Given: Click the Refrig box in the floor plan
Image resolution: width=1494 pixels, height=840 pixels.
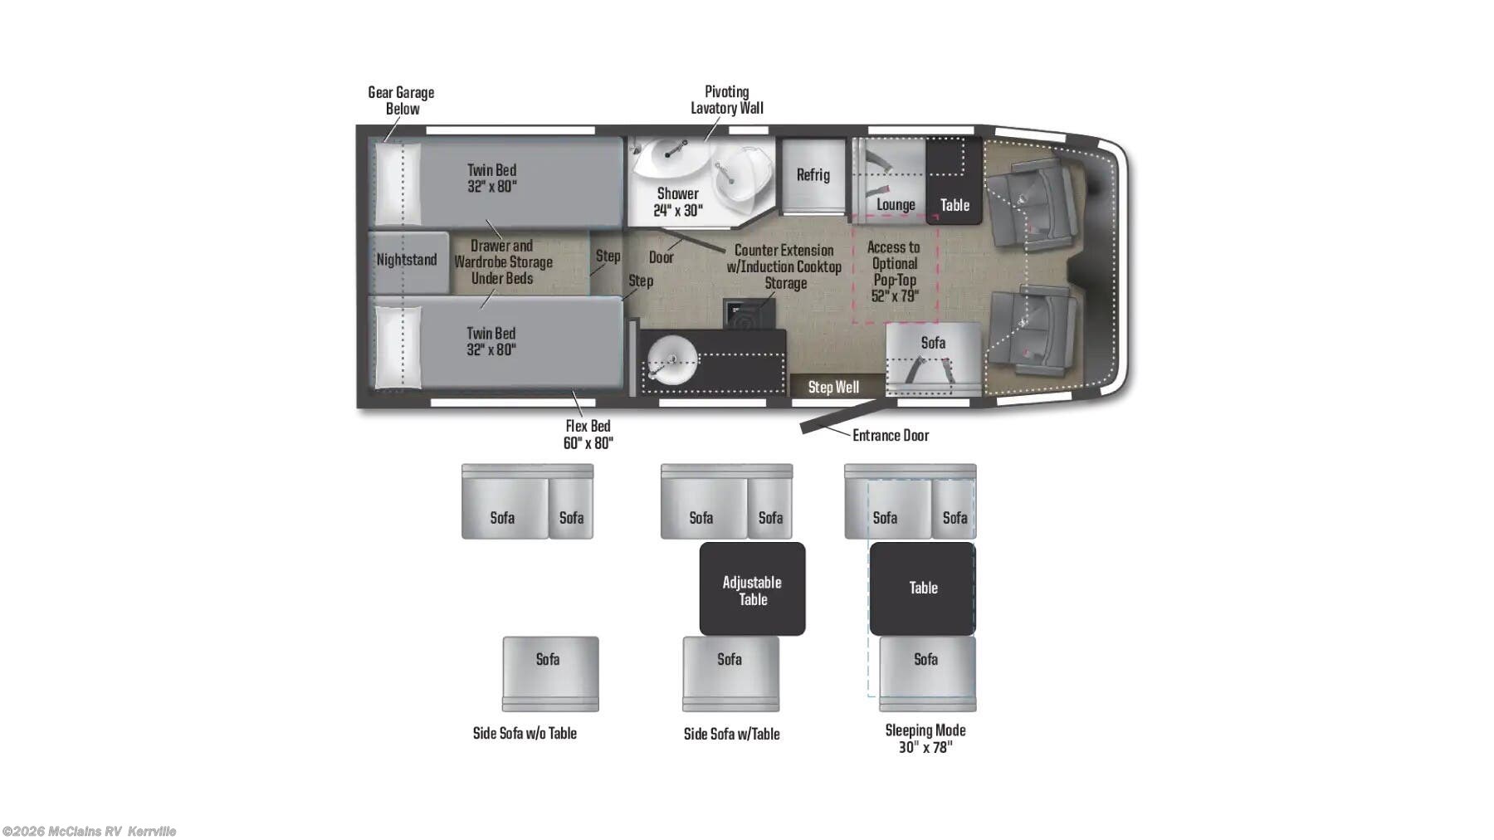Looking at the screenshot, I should [x=813, y=175].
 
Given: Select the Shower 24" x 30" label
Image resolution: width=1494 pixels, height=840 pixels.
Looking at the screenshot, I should [x=677, y=202].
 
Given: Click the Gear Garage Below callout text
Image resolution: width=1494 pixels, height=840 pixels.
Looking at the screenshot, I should [x=401, y=100].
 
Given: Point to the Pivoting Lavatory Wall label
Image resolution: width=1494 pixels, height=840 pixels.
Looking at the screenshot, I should [x=726, y=100].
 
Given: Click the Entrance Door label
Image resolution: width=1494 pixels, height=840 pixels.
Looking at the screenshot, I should [x=890, y=435].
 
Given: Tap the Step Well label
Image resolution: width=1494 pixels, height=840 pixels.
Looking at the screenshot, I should [x=832, y=387].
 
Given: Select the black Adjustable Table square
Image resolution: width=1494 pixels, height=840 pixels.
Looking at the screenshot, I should [x=752, y=589].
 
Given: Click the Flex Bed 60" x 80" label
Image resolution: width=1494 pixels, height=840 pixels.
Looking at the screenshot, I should [x=588, y=434].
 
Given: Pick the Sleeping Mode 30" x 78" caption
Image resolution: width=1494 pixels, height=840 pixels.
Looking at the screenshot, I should [x=925, y=738].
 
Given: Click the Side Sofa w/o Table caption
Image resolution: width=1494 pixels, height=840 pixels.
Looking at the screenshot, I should [x=525, y=733].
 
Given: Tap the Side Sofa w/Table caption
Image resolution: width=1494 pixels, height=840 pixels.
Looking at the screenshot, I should [x=731, y=734].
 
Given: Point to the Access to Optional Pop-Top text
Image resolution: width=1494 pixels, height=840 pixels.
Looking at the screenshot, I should [x=894, y=271].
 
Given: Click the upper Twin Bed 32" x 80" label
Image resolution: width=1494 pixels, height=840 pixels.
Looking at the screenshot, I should [x=491, y=178].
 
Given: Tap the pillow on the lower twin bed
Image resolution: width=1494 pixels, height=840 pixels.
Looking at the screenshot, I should [x=398, y=347].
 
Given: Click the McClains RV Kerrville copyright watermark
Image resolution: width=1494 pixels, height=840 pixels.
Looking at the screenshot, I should [x=89, y=831].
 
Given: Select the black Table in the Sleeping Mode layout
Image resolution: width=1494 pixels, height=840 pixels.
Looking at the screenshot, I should [x=922, y=588].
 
